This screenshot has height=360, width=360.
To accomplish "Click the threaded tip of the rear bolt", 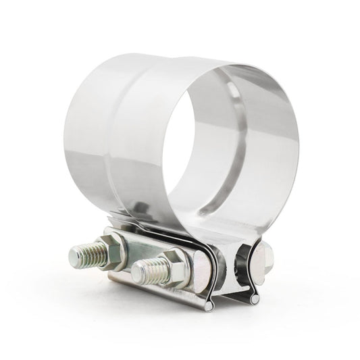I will coord(88,256).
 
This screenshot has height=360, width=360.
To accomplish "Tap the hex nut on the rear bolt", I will coord(109,243).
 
